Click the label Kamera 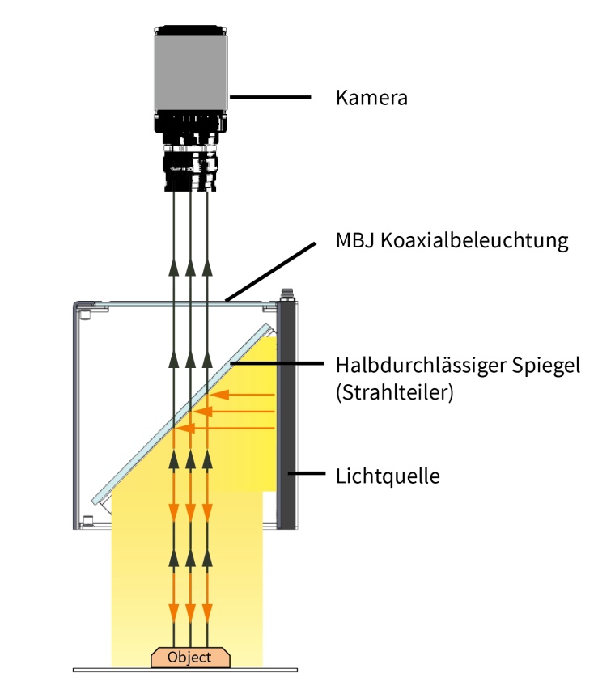[371, 99]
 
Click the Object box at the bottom [189, 657]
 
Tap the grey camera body [191, 73]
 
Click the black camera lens [191, 166]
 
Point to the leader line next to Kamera [270, 97]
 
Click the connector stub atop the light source [285, 294]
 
